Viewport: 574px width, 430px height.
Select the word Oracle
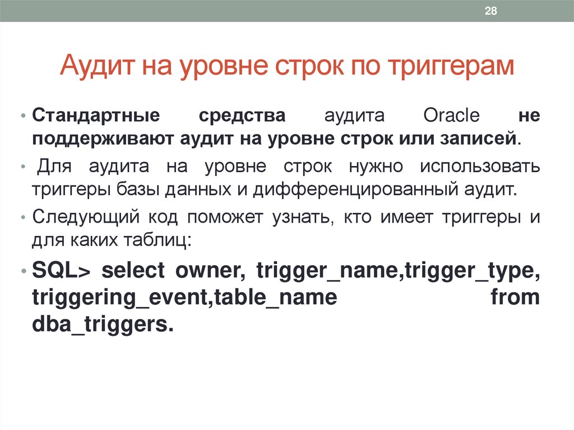(x=451, y=117)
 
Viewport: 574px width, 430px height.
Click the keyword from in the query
(x=515, y=296)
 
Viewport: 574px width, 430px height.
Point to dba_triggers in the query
(x=100, y=323)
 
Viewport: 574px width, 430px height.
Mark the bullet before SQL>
(x=23, y=271)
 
